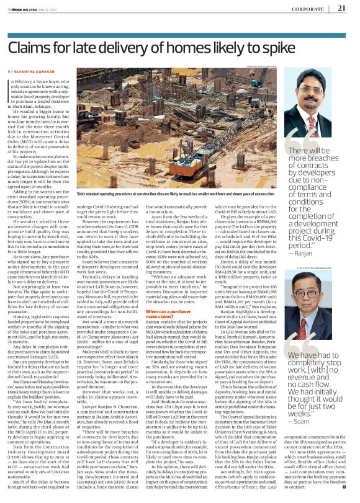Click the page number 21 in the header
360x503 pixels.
pos(342,8)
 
